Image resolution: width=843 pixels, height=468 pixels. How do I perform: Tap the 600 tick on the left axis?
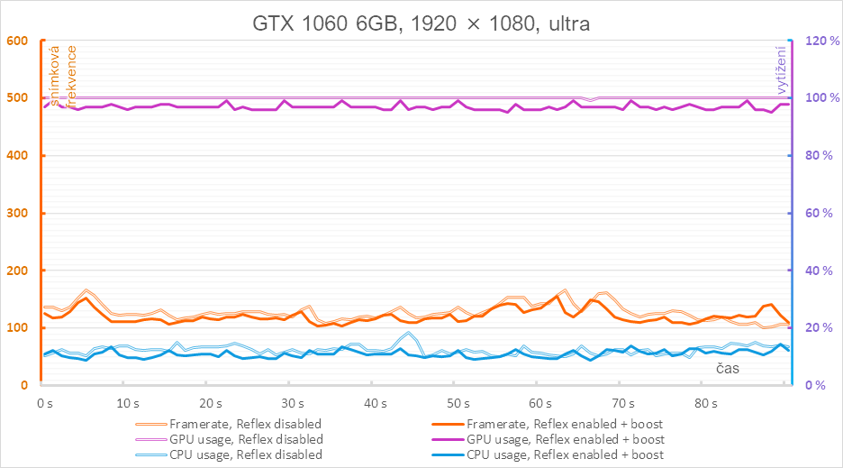click(18, 41)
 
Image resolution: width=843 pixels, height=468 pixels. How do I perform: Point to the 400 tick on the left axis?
click(18, 156)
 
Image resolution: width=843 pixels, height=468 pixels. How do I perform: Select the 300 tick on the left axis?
click(18, 214)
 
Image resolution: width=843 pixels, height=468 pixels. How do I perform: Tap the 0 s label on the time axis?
click(44, 402)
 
